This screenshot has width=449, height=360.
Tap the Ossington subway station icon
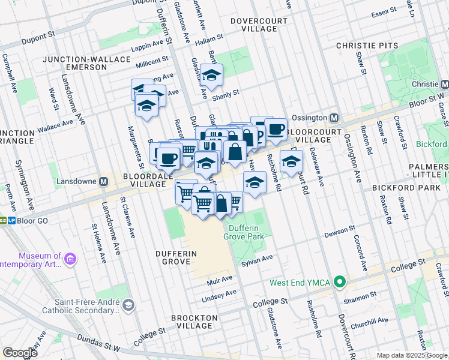coord(334,118)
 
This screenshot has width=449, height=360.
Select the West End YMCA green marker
coord(340,281)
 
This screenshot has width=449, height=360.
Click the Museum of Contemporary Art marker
coord(71,259)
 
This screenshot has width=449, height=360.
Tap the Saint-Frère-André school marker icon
coord(128,306)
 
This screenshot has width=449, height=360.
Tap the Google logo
coord(20,353)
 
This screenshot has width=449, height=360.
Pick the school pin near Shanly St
coord(211,76)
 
